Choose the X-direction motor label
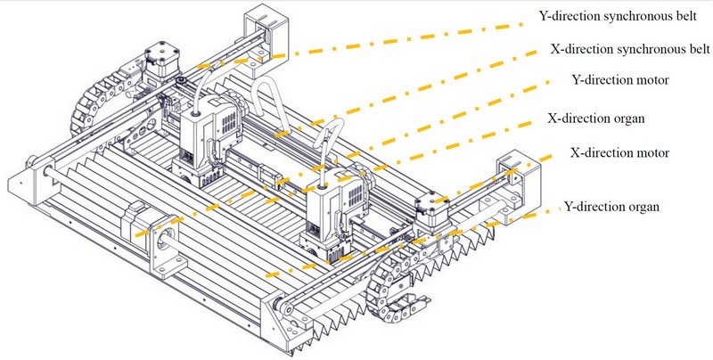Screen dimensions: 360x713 (x=619, y=152)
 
